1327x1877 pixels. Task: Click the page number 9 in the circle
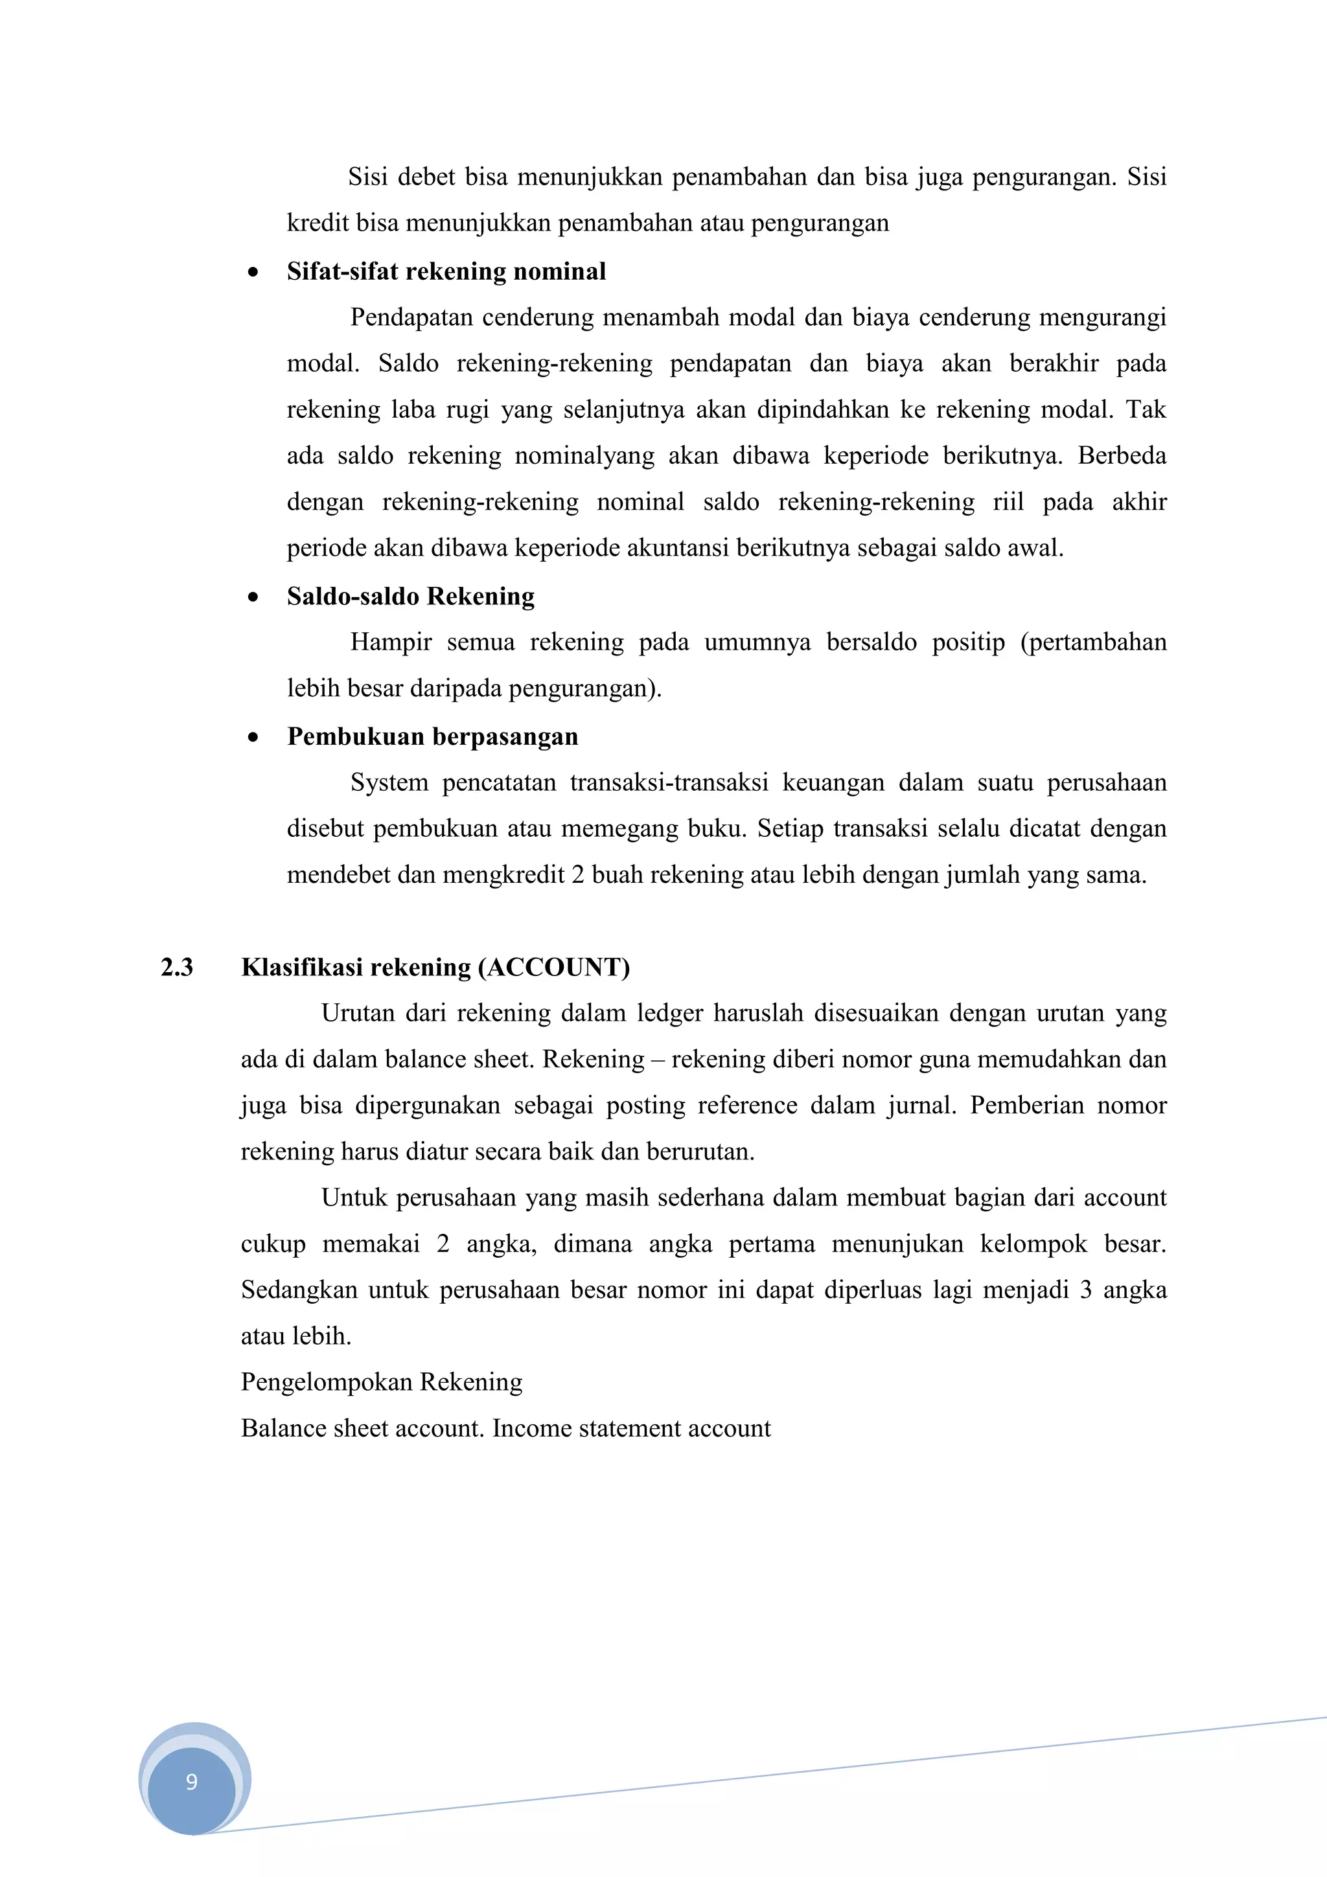(191, 1781)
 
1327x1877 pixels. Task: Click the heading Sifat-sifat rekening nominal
(446, 271)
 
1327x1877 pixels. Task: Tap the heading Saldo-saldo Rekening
(410, 596)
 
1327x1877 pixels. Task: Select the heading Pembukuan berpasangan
(433, 736)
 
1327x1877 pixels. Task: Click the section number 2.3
(177, 967)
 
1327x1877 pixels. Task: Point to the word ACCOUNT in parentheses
(553, 967)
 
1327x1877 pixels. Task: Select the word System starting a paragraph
(389, 782)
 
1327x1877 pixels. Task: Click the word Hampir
(391, 643)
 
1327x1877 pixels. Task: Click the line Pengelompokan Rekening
(381, 1382)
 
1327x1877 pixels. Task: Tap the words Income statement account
(631, 1428)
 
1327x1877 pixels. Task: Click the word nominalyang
(584, 455)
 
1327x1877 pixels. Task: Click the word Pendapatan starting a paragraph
(411, 317)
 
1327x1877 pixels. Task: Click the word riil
(1008, 501)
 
